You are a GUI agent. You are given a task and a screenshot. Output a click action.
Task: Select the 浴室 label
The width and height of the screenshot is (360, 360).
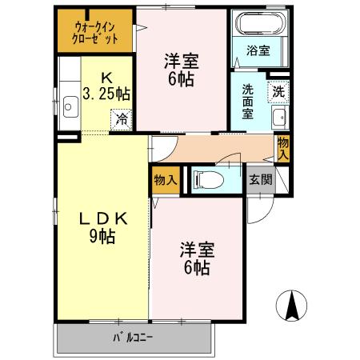click(x=257, y=50)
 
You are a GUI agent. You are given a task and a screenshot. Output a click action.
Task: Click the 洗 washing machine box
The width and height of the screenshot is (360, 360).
click(x=278, y=90)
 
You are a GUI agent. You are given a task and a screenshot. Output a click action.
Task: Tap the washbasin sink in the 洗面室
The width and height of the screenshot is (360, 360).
click(x=279, y=120)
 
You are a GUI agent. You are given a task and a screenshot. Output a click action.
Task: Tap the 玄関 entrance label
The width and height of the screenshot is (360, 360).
click(x=259, y=179)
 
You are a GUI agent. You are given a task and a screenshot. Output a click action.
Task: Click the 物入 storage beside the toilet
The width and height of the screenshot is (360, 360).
click(x=165, y=180)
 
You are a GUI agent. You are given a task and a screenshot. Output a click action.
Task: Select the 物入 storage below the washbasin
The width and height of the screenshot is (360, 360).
click(x=282, y=147)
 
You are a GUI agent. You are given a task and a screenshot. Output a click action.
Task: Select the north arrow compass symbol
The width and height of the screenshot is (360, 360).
click(x=292, y=305)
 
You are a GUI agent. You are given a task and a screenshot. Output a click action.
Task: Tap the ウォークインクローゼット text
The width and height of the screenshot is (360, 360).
click(x=95, y=31)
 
